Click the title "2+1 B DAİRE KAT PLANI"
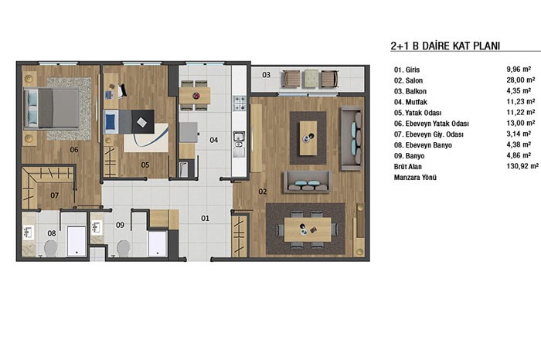pos(445,46)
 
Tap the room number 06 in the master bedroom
pos(74,150)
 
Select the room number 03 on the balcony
pos(266,75)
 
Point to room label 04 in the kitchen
pos(213,140)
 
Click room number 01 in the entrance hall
pos(205,219)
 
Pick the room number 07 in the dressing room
pos(55,195)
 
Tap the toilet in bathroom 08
pos(51,248)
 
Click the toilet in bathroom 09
pos(123,248)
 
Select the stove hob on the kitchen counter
pos(240,103)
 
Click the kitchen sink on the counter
pos(239,137)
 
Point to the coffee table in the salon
pos(308,138)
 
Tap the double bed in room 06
pos(52,108)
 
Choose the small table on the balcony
pos(310,79)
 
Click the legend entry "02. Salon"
pos(408,80)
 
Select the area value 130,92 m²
pos(522,166)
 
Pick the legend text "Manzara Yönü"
pos(415,178)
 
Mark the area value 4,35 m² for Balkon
pos(519,91)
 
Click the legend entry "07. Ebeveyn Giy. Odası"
pos(428,134)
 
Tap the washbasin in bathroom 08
pos(28,232)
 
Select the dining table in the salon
pos(308,229)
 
